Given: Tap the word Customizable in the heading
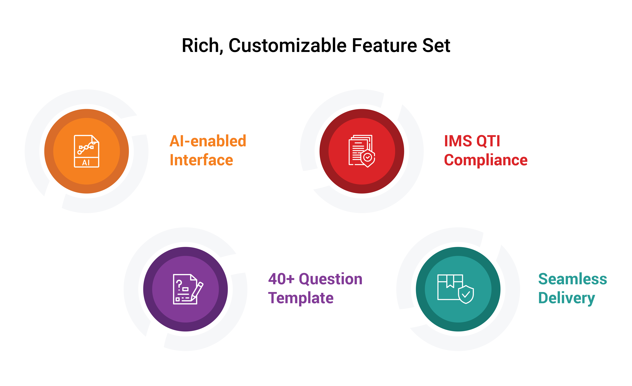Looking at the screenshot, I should click(x=287, y=46).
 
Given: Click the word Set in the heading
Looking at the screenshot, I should click(x=436, y=46).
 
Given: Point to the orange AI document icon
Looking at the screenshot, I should click(x=86, y=151).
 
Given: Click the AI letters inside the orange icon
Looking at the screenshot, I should click(x=86, y=163).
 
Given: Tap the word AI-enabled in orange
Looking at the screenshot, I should click(x=208, y=141).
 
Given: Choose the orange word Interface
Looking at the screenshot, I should click(x=201, y=160).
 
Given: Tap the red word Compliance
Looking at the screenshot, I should click(x=486, y=160).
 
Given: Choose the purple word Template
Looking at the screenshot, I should click(x=301, y=298).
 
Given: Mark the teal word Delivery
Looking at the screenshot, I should click(x=566, y=298).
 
